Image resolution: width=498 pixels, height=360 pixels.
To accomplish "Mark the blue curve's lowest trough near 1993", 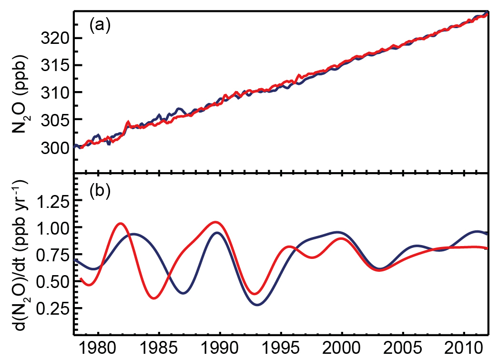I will [x=257, y=304].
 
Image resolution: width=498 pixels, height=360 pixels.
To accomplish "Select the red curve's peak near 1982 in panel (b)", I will [x=121, y=223].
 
